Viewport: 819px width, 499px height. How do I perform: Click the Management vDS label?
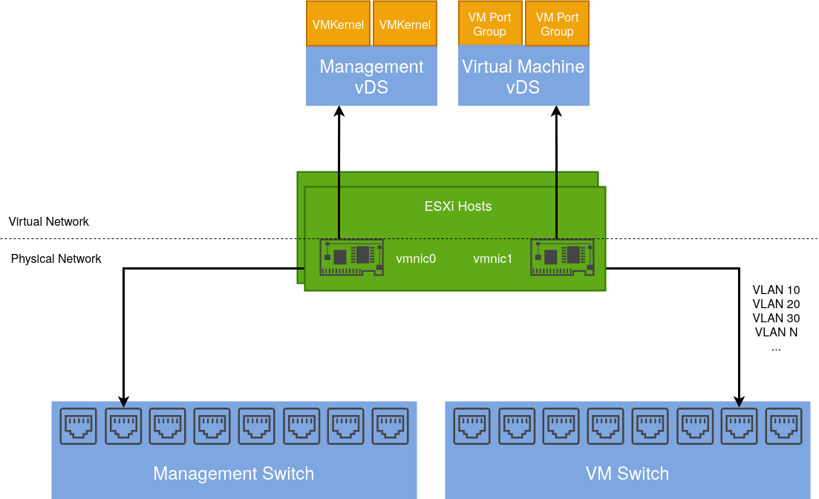371,77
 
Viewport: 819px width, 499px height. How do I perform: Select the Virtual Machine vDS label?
523,77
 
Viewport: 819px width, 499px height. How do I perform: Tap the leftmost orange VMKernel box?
338,25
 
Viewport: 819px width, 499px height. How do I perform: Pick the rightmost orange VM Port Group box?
557,25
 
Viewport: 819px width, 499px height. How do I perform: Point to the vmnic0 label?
416,259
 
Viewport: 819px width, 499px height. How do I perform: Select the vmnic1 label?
493,259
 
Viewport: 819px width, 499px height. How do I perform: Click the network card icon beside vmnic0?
352,257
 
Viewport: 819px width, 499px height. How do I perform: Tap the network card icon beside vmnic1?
562,257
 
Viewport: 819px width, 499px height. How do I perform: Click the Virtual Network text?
49,221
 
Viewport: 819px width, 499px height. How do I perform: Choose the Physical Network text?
56,259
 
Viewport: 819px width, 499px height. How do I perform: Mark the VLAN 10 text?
776,290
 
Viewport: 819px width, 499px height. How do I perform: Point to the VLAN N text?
776,332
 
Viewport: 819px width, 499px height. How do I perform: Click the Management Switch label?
233,474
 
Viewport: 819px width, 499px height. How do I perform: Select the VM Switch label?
627,474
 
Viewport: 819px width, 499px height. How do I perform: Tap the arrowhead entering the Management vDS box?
339,111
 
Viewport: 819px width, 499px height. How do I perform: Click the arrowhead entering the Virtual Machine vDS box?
557,111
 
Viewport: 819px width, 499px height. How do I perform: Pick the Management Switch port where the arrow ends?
123,425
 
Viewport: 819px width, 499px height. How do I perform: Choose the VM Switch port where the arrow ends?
740,425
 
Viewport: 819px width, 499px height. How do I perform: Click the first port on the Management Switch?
79,425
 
